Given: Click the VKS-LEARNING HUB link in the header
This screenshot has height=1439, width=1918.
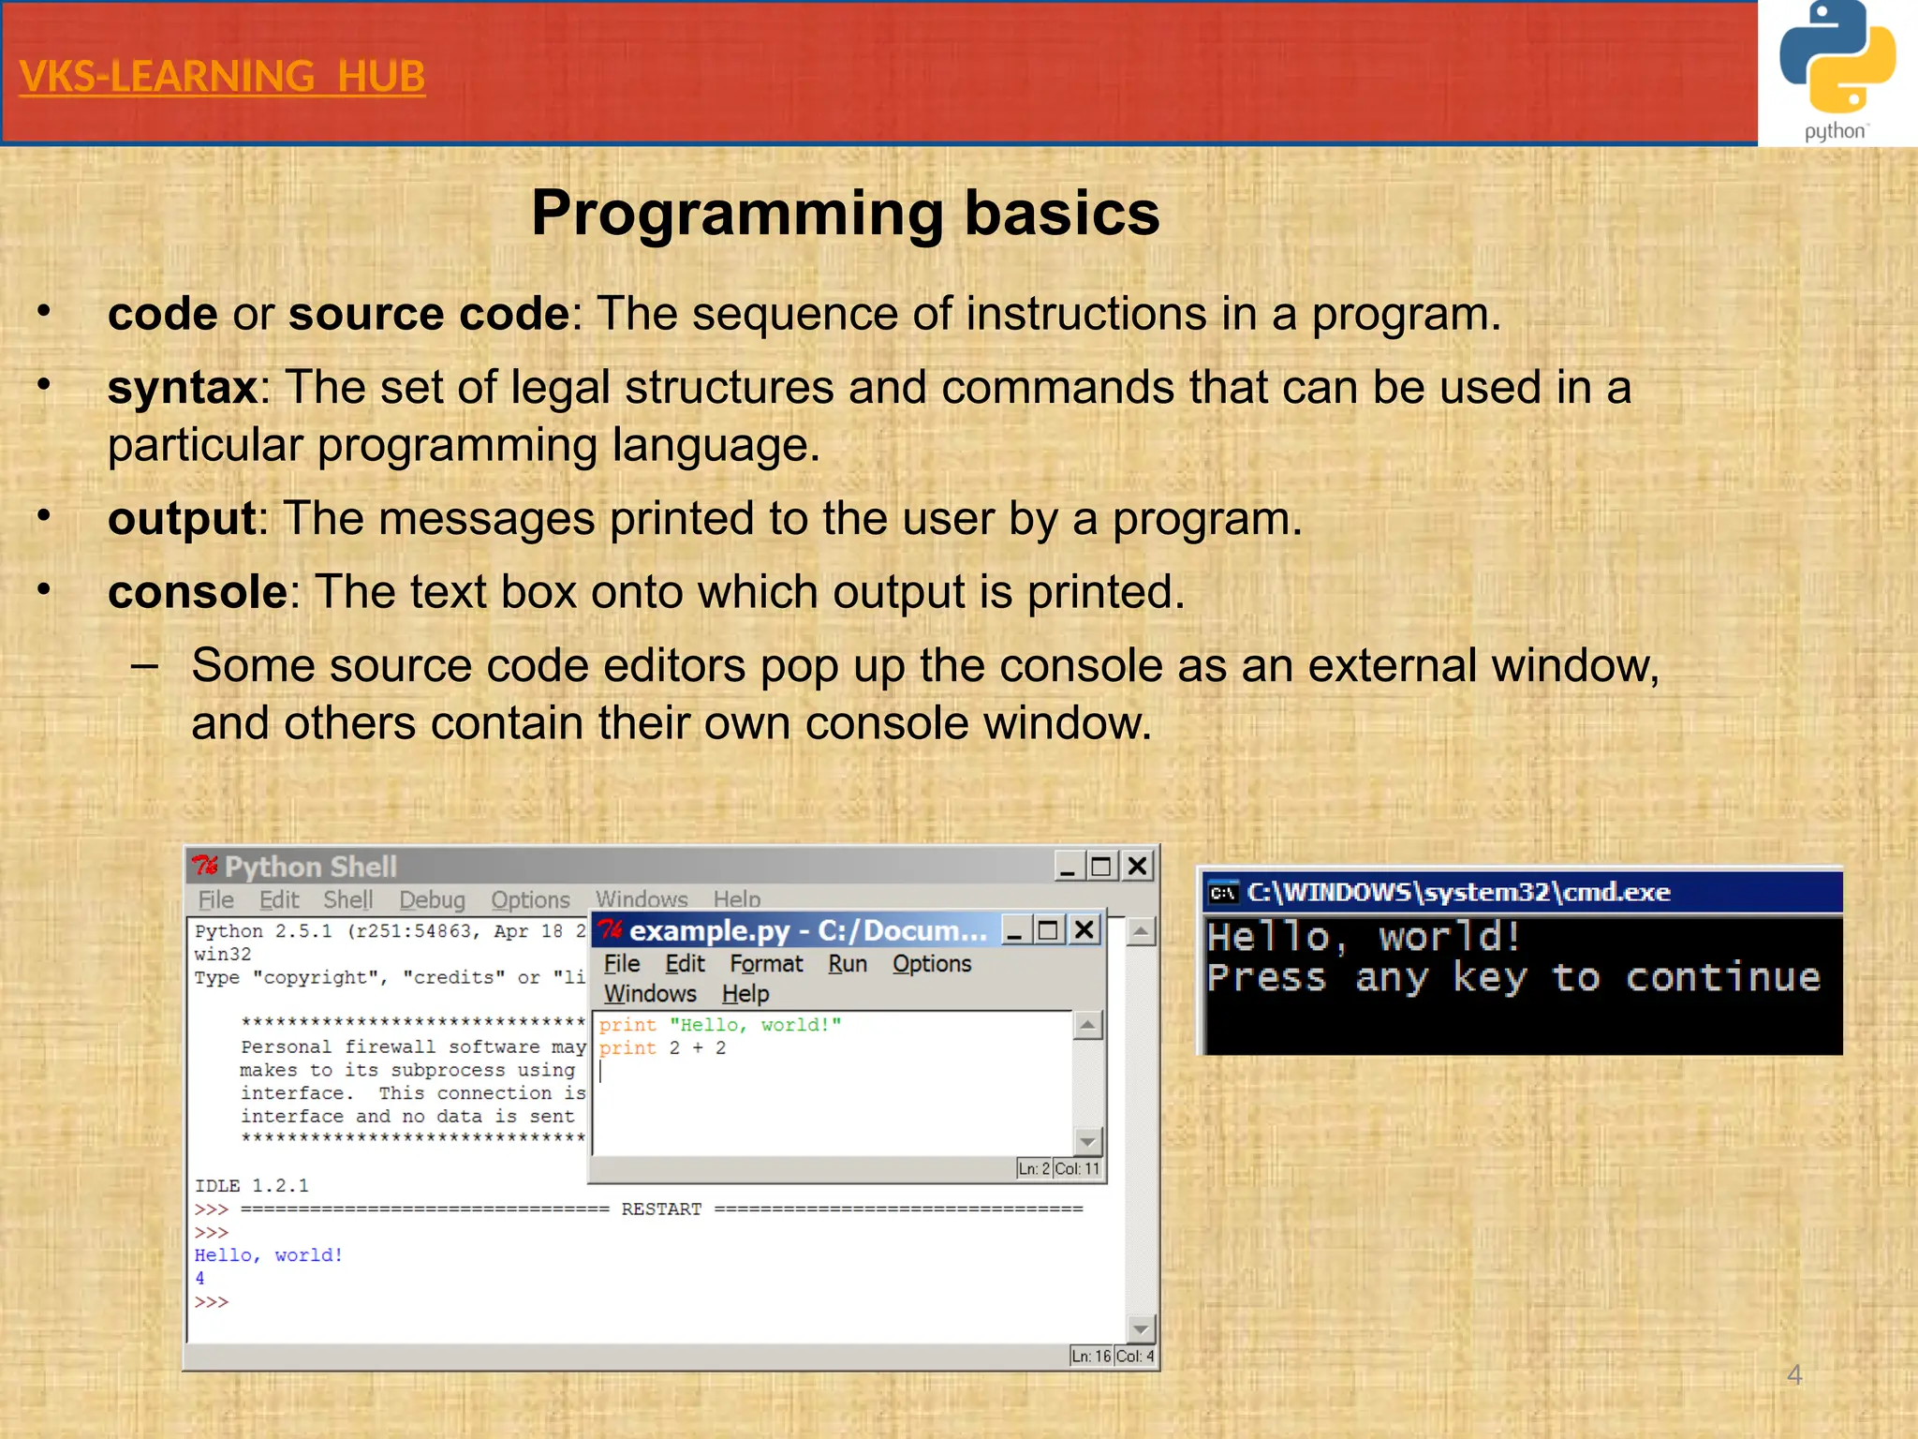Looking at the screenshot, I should (222, 77).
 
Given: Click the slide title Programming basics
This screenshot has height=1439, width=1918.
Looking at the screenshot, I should (845, 213).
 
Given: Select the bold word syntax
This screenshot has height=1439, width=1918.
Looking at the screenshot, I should (183, 388).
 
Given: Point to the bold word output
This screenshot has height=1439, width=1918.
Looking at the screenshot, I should (182, 519).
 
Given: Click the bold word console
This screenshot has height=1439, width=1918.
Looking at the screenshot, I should (197, 592).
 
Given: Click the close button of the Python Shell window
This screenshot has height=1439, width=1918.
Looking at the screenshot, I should (1137, 866).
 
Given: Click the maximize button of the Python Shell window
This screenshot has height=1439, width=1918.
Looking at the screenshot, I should (1101, 866).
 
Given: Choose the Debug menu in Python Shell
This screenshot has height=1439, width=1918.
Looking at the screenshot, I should (432, 900).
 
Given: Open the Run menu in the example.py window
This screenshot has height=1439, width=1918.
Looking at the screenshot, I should (847, 964).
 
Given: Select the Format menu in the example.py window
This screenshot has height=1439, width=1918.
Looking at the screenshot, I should (766, 964).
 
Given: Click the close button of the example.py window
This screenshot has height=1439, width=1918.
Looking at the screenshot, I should (1084, 929).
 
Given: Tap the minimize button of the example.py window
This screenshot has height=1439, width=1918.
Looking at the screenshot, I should (1014, 930).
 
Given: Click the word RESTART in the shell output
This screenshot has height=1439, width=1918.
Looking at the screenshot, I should (661, 1209).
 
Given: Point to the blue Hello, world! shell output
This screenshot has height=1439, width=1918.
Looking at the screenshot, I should (269, 1255).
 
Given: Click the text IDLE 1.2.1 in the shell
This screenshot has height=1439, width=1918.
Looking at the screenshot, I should (251, 1186).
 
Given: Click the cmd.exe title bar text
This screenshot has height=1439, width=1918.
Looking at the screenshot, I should (1457, 892).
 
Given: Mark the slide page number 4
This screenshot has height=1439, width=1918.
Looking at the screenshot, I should (1794, 1374).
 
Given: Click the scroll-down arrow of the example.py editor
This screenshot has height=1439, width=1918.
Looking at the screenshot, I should (1087, 1141).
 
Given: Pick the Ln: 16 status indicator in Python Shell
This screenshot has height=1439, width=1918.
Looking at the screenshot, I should (1091, 1356).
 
